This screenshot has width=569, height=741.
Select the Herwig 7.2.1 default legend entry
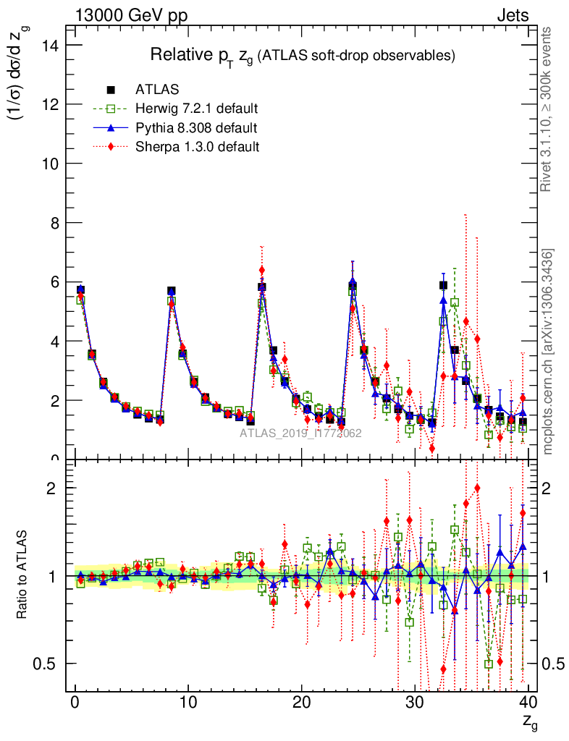(196, 109)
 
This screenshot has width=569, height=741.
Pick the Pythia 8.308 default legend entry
(196, 128)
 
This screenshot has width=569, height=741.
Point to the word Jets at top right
(513, 14)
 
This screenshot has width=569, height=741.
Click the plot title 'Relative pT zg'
(302, 56)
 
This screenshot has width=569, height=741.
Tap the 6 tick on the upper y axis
(56, 282)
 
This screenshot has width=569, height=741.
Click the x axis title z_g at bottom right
(530, 721)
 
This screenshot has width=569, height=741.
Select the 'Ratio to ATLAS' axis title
(22, 576)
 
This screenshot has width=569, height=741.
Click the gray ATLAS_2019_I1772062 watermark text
(301, 433)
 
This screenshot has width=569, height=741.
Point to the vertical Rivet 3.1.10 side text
(548, 109)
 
